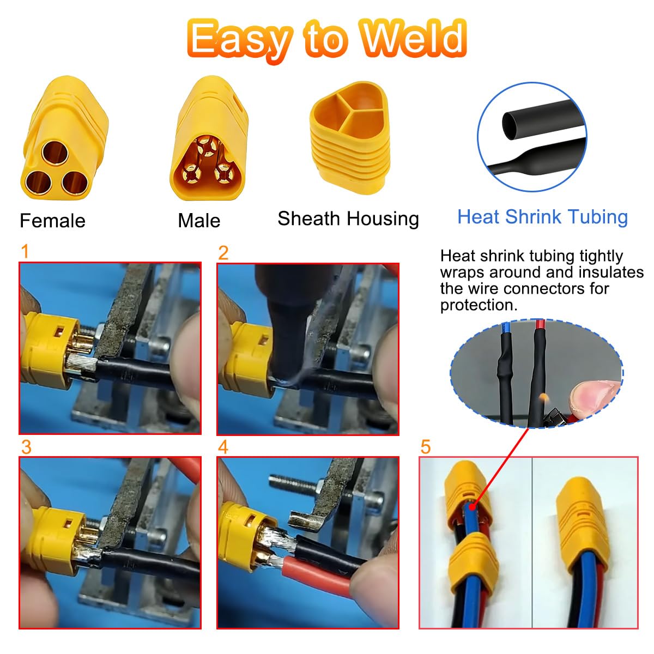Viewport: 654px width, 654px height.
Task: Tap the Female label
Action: tap(53, 221)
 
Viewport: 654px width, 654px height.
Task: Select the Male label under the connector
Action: tap(199, 221)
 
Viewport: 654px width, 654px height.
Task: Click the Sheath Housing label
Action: tap(348, 219)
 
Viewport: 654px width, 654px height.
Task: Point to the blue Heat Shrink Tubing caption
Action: tap(542, 217)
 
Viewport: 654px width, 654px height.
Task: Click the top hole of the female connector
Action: tap(55, 153)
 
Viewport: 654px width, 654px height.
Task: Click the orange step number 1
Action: tap(25, 251)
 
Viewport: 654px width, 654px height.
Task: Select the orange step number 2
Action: tap(223, 253)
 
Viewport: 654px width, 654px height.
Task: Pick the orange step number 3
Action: tap(26, 447)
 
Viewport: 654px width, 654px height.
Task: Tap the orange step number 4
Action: tap(223, 447)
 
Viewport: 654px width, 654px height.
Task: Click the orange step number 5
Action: tap(426, 447)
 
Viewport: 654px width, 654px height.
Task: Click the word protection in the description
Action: tap(479, 305)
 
